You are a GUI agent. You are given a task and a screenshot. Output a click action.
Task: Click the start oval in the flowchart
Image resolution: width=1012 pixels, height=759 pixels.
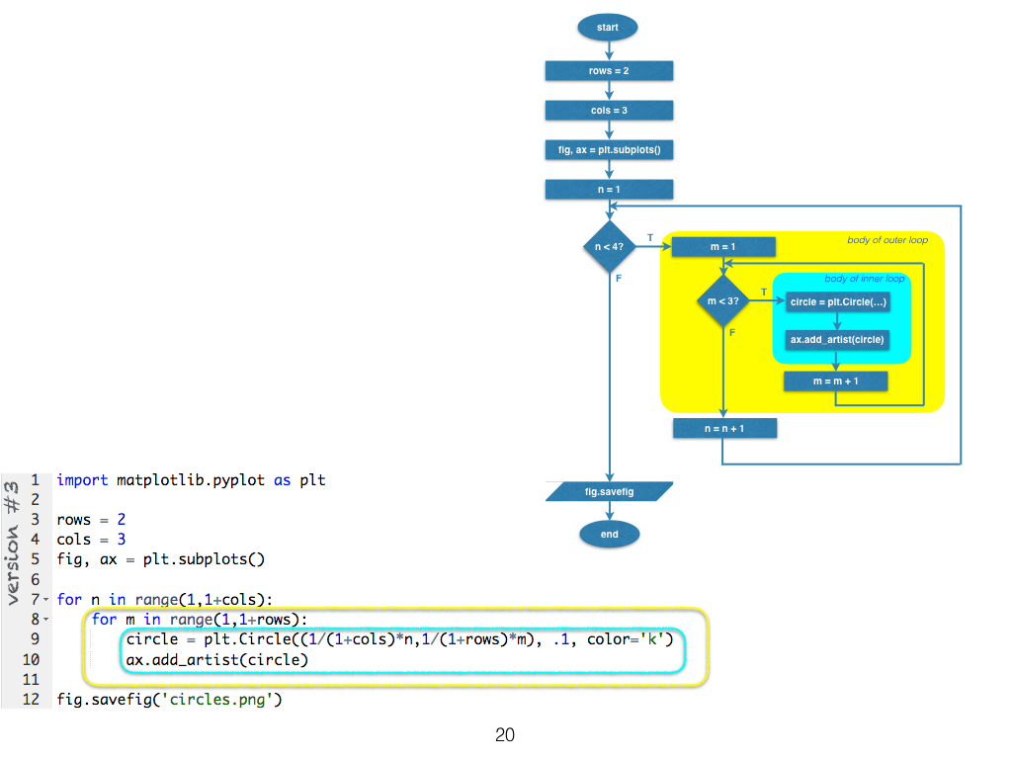608,28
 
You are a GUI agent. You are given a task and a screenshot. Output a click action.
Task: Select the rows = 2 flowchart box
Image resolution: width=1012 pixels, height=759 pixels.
609,71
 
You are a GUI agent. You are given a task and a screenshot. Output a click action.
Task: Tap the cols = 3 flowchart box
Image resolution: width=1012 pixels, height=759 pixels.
609,111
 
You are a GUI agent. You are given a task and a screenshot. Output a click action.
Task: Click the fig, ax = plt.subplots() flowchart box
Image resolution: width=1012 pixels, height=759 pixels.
609,150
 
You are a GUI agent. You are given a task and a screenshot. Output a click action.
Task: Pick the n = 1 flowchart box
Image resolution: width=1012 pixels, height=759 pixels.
609,189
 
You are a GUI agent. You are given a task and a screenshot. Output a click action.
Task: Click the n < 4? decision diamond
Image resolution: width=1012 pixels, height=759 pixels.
609,245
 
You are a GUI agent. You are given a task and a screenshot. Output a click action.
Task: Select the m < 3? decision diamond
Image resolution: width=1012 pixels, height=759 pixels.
723,300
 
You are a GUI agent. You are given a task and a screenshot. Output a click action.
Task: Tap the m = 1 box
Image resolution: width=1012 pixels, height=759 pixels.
723,246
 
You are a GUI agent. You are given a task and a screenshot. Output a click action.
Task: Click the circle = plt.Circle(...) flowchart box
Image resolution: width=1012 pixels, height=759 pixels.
838,302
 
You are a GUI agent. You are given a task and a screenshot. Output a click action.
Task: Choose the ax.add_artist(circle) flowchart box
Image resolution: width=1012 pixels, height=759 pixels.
838,340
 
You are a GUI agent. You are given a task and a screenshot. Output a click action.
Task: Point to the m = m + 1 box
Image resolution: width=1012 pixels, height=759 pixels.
835,381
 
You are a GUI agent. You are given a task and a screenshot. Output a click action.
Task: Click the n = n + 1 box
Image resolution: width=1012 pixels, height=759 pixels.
724,429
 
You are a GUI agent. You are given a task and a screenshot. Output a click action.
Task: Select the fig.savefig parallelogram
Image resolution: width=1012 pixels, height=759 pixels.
610,491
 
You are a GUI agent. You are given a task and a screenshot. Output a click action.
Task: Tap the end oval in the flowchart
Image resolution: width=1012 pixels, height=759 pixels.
610,535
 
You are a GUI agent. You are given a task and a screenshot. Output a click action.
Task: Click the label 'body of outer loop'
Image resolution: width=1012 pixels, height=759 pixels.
887,240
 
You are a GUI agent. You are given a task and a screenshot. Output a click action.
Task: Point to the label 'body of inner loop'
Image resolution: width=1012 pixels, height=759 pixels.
864,279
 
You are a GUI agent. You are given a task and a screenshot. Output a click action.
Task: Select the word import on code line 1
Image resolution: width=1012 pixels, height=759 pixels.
83,480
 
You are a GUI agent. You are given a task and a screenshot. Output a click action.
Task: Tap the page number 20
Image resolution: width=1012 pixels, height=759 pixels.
505,735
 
